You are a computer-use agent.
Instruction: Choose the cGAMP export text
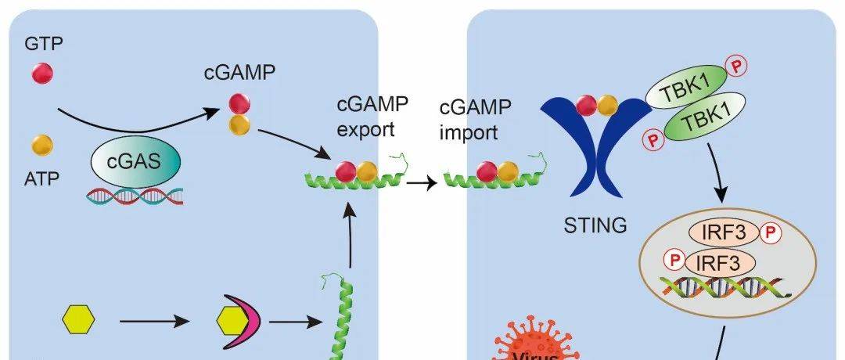365,116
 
